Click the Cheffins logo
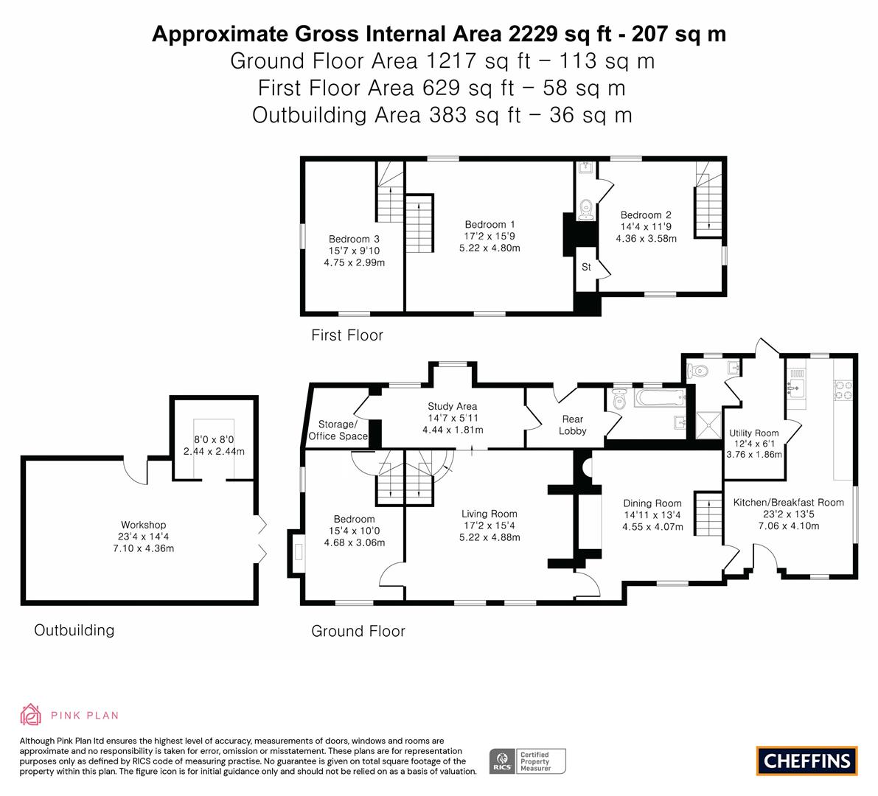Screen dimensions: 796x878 point(807,761)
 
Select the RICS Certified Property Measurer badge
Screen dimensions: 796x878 point(528,761)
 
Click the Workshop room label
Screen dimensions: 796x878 point(144,525)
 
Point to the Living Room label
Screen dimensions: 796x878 point(489,514)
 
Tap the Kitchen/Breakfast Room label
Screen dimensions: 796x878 point(788,502)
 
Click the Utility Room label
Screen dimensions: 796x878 point(753,433)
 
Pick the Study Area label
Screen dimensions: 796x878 point(453,406)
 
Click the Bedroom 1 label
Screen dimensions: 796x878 point(489,224)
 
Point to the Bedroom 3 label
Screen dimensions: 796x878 point(354,239)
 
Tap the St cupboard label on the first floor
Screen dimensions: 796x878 point(586,267)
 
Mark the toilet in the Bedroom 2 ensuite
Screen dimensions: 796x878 point(586,208)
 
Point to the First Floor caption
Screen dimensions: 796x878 point(347,335)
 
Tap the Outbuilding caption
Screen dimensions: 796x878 point(74,630)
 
